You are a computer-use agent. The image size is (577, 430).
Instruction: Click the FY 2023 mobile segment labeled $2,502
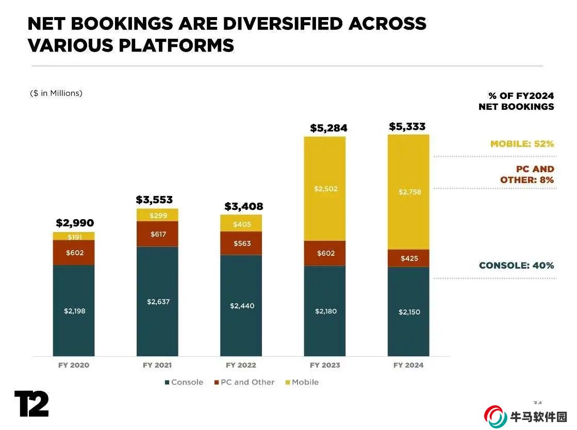coord(325,189)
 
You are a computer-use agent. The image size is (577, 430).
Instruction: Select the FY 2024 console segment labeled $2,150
coord(408,311)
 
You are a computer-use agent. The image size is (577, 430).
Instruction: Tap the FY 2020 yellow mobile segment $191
coord(74,237)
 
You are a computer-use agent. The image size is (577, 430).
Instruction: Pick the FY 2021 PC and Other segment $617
coord(157,234)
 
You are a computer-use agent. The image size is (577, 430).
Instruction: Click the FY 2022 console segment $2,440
coord(241,305)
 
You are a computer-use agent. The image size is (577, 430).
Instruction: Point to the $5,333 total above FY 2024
coord(407,126)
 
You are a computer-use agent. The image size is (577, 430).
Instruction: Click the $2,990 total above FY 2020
coord(75,223)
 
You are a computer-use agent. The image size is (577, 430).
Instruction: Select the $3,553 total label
coord(154,200)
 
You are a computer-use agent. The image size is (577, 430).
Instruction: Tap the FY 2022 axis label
coord(241,365)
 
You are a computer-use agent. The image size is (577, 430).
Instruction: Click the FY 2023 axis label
coord(325,365)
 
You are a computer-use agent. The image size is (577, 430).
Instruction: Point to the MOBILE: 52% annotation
coord(522,144)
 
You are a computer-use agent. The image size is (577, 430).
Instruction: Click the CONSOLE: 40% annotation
coord(516,266)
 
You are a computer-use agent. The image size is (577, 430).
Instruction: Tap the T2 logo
coord(31,404)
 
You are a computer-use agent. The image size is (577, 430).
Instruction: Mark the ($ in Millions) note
coord(56,93)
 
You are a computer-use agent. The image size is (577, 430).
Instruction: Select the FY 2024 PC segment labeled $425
coord(408,258)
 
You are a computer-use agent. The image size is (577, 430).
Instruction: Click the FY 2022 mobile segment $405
coord(241,224)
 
